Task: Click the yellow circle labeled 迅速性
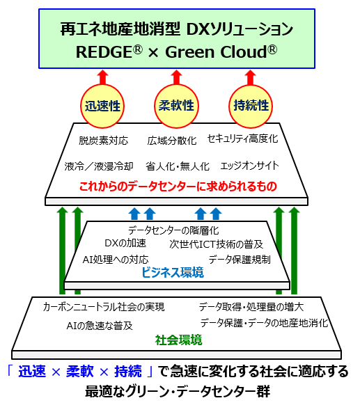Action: [x=102, y=106]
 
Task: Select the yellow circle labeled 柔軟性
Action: [x=176, y=106]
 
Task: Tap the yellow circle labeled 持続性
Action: [x=251, y=106]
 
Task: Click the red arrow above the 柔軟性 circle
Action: [x=176, y=77]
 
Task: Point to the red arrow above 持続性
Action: [x=251, y=77]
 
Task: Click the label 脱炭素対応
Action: [x=104, y=141]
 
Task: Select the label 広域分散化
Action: [x=172, y=141]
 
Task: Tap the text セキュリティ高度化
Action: [x=242, y=138]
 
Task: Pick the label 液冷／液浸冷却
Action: [x=99, y=166]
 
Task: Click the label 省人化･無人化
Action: [x=178, y=166]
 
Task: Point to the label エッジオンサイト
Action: [x=249, y=166]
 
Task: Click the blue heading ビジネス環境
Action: [x=173, y=273]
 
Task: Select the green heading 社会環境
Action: [x=179, y=340]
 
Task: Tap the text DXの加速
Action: [x=125, y=244]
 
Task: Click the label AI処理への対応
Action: [x=116, y=260]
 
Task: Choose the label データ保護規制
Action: [x=240, y=260]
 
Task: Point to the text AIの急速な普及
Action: [x=100, y=326]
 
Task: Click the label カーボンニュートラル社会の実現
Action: [x=104, y=307]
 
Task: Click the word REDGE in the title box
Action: [x=104, y=52]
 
